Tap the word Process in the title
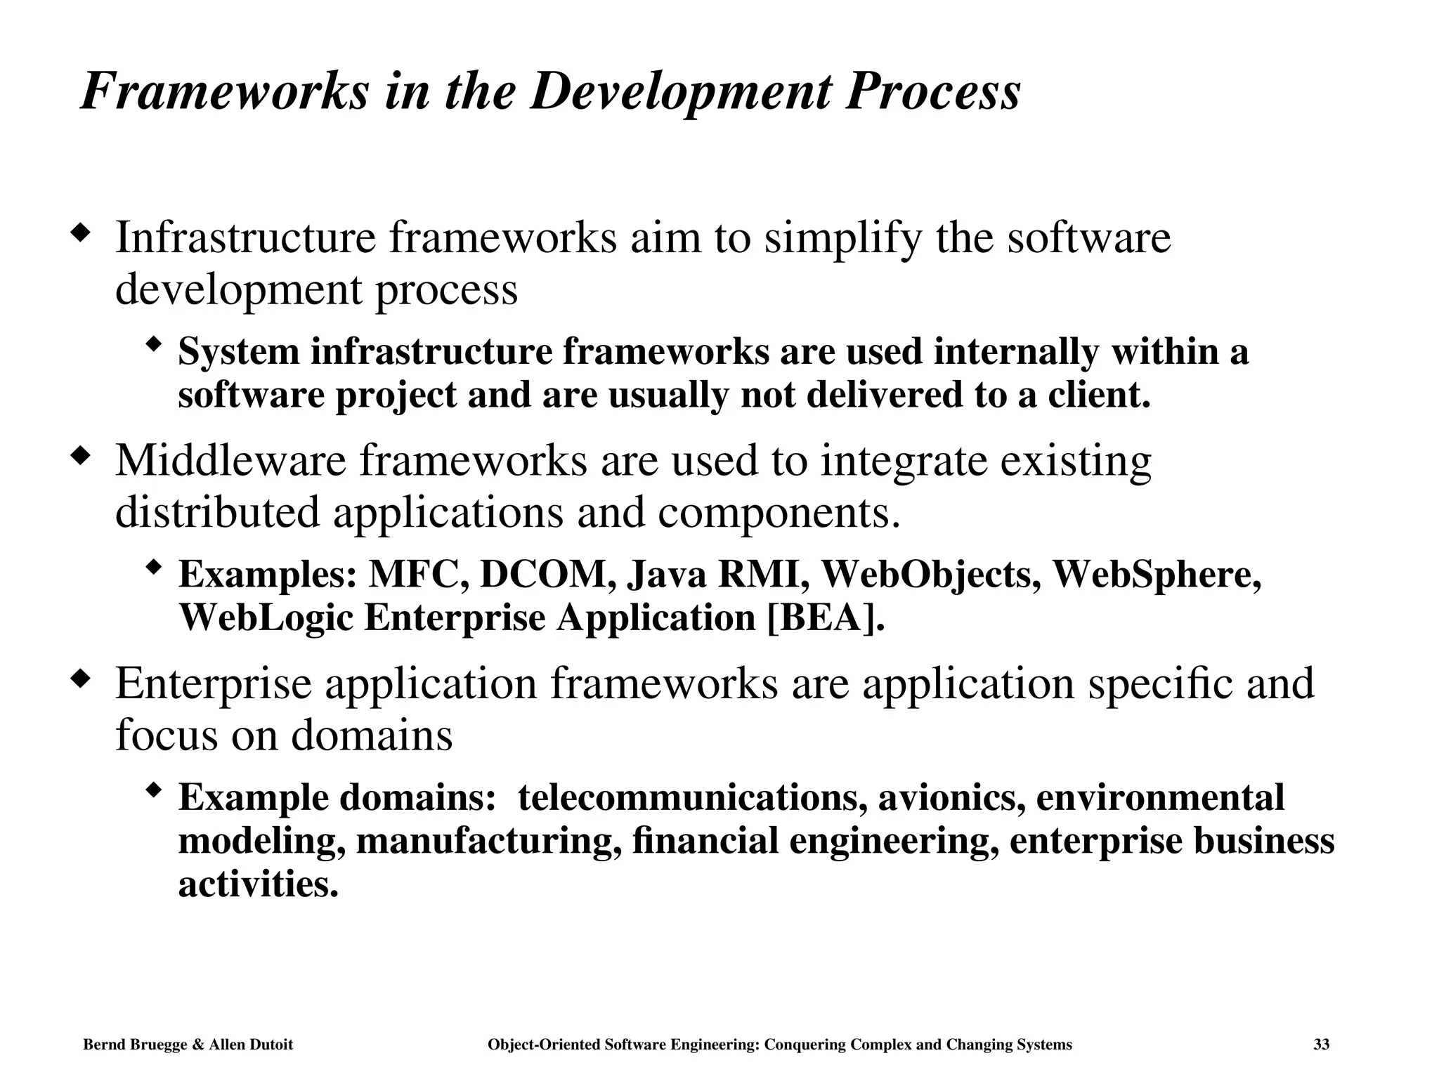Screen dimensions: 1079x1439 click(x=932, y=93)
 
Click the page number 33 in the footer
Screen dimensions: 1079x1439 click(x=1321, y=1045)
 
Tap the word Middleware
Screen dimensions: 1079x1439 click(x=231, y=461)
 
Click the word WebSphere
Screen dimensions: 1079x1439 click(x=1157, y=575)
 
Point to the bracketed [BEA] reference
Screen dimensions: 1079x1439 click(x=825, y=618)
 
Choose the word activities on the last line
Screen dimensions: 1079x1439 click(x=258, y=884)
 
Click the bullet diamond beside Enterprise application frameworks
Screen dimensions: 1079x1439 click(x=82, y=679)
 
